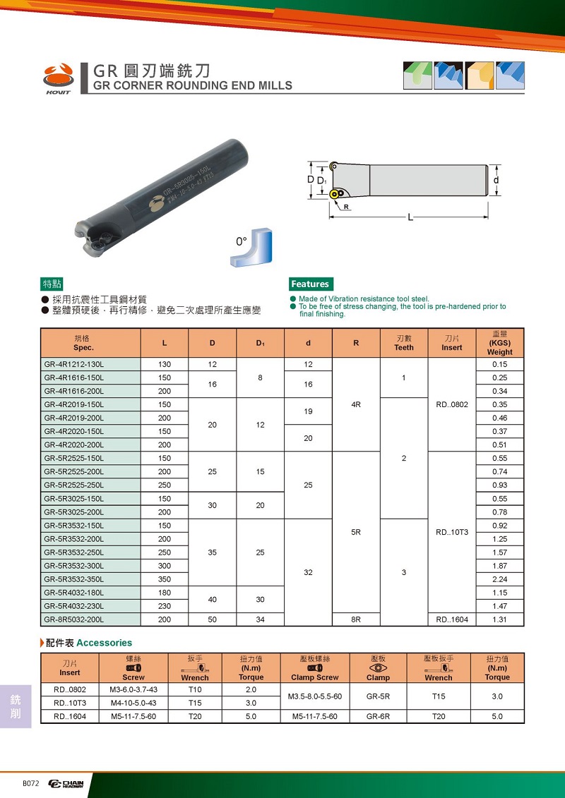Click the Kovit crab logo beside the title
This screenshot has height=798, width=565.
point(58,78)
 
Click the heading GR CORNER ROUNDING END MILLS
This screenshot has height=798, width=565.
point(193,85)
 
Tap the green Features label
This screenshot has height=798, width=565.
point(310,284)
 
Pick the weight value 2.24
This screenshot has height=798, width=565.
point(500,579)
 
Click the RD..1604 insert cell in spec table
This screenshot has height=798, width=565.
point(452,619)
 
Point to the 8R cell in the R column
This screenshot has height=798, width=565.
point(356,619)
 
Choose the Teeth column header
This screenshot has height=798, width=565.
point(404,343)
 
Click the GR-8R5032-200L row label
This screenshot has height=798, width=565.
point(73,619)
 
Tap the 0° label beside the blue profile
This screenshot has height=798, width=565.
point(241,242)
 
